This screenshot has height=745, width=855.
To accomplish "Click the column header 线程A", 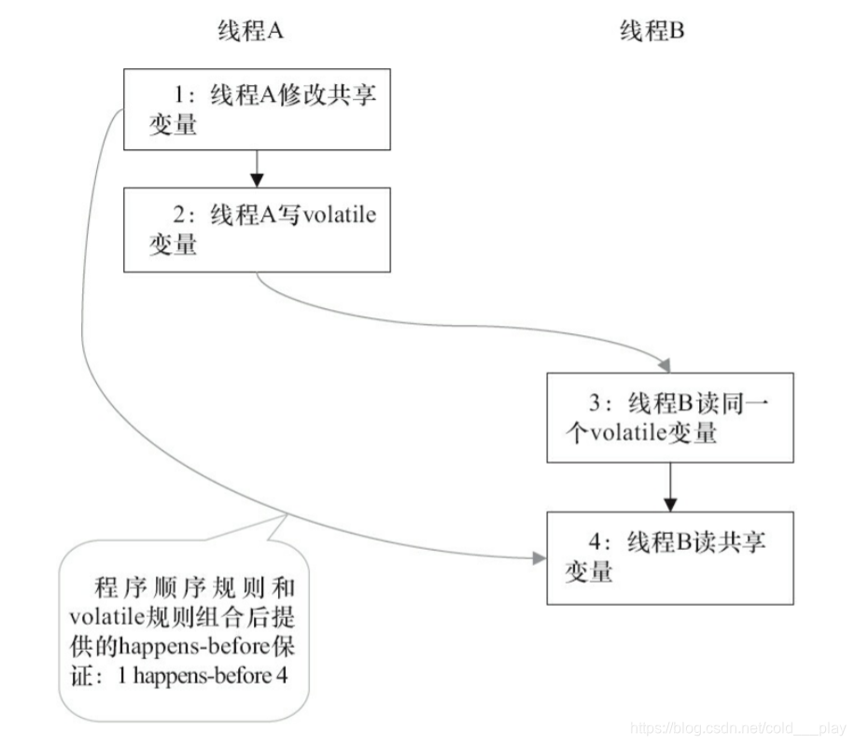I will point(250,32).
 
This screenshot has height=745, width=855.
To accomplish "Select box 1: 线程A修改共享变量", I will point(258,110).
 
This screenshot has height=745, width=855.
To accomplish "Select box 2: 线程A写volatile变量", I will point(258,231).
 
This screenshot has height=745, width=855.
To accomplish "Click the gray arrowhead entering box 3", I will point(664,364).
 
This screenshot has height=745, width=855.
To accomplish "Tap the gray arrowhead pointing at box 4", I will point(537,558).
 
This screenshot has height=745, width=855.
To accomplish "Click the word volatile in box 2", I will point(341,217).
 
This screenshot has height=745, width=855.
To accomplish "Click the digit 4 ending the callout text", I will point(281,677).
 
